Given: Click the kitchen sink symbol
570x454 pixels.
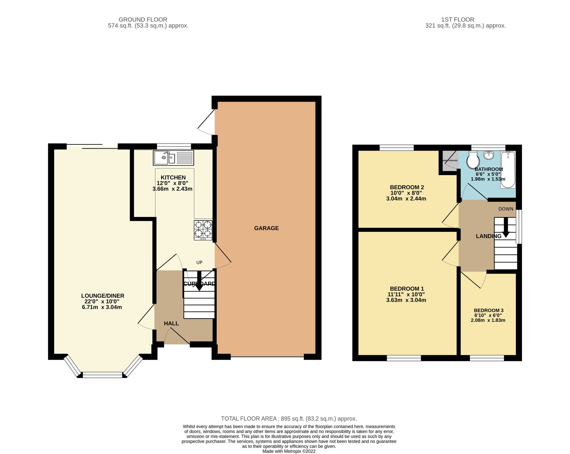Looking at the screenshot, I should tap(173, 158).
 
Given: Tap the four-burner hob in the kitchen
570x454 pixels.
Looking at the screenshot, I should tap(203, 230).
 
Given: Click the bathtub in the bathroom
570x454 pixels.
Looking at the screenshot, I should tap(508, 169).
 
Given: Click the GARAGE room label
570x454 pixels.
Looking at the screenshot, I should tap(266, 228).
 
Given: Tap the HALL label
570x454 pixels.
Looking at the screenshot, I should tap(171, 323).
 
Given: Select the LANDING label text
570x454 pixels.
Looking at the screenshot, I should tap(488, 236).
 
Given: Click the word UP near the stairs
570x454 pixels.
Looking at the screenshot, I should tap(199, 262).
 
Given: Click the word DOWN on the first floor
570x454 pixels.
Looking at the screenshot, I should tap(506, 209).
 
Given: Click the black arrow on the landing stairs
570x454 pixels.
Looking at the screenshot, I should tap(506, 227).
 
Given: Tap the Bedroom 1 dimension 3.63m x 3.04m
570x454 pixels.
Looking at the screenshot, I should tap(406, 300).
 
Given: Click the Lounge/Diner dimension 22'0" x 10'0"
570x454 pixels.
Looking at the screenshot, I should tap(102, 301).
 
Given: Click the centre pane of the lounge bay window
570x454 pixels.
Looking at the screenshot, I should tap(103, 375).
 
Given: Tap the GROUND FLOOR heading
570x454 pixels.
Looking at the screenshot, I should tap(143, 19).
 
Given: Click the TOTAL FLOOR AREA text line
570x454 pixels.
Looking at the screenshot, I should tap(289, 419).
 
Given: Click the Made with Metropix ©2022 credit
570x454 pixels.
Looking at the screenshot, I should tap(289, 451).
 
